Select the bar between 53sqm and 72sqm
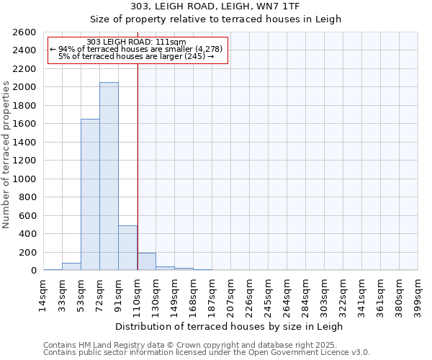pyautogui.click(x=90, y=194)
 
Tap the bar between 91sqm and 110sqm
pyautogui.click(x=127, y=248)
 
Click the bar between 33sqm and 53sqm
pyautogui.click(x=71, y=266)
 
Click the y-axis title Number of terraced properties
pyautogui.click(x=6, y=155)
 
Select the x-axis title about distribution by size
pyautogui.click(x=230, y=326)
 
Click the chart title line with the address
pyautogui.click(x=230, y=6)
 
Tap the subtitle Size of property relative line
pyautogui.click(x=230, y=19)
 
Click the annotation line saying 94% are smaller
pyautogui.click(x=137, y=49)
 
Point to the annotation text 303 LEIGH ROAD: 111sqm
pyautogui.click(x=136, y=42)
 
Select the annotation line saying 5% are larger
pyautogui.click(x=136, y=56)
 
